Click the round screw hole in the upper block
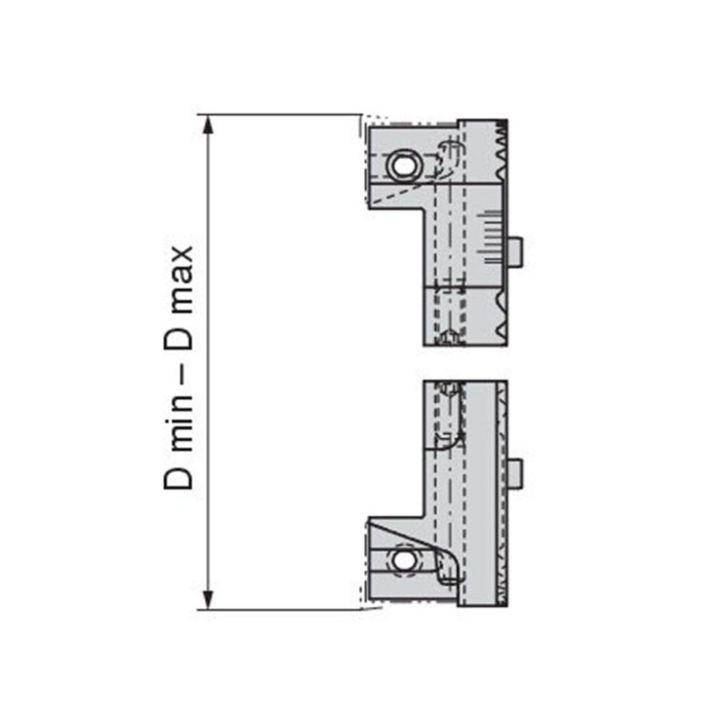click(401, 165)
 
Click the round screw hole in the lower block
click(401, 560)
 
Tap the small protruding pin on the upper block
click(515, 252)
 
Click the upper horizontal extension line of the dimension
click(283, 115)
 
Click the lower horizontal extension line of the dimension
click(283, 610)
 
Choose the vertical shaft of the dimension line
click(209, 362)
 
